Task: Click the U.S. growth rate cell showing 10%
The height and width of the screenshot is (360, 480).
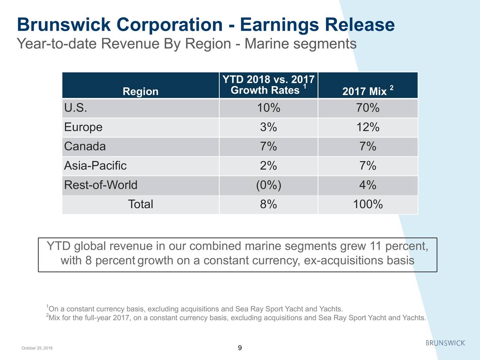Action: point(268,108)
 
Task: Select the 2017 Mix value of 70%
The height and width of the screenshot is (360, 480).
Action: point(367,108)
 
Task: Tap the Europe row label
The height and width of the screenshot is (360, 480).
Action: point(83,127)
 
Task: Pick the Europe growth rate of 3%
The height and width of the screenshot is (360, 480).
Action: point(268,127)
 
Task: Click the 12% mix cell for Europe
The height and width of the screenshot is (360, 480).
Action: point(367,127)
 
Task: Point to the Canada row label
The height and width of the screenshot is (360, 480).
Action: point(85,146)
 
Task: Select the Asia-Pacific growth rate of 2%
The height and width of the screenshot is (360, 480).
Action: point(268,166)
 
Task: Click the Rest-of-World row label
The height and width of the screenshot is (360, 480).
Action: point(100,185)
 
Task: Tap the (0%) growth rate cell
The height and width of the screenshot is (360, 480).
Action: point(268,185)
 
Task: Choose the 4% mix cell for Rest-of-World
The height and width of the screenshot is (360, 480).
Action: point(367,185)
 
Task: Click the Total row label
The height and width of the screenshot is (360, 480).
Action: point(140,204)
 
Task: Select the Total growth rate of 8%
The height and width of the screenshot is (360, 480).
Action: point(268,204)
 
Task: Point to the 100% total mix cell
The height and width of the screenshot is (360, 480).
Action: point(367,204)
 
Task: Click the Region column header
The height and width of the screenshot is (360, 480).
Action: point(140,91)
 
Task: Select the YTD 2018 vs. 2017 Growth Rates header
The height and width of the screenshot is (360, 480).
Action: point(268,85)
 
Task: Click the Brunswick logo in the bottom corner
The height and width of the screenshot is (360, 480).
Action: point(445,343)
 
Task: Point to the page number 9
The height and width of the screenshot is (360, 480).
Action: point(240,348)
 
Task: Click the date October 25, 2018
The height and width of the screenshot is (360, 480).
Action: point(37,348)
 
